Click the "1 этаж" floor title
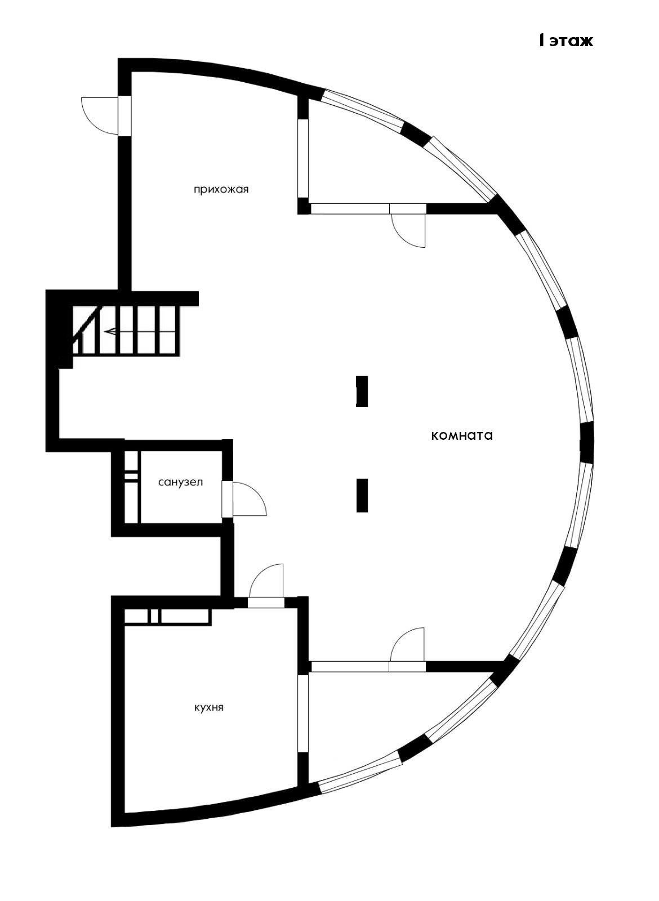tap(565, 41)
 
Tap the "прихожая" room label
tap(221, 189)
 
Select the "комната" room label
tap(462, 435)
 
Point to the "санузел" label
tap(180, 483)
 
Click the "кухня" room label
tap(209, 707)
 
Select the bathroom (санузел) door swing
tap(248, 499)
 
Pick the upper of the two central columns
tap(362, 391)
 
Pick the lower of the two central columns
tap(362, 495)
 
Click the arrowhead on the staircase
tap(109, 332)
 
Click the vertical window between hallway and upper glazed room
tap(303, 158)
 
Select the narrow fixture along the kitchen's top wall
tap(167, 617)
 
